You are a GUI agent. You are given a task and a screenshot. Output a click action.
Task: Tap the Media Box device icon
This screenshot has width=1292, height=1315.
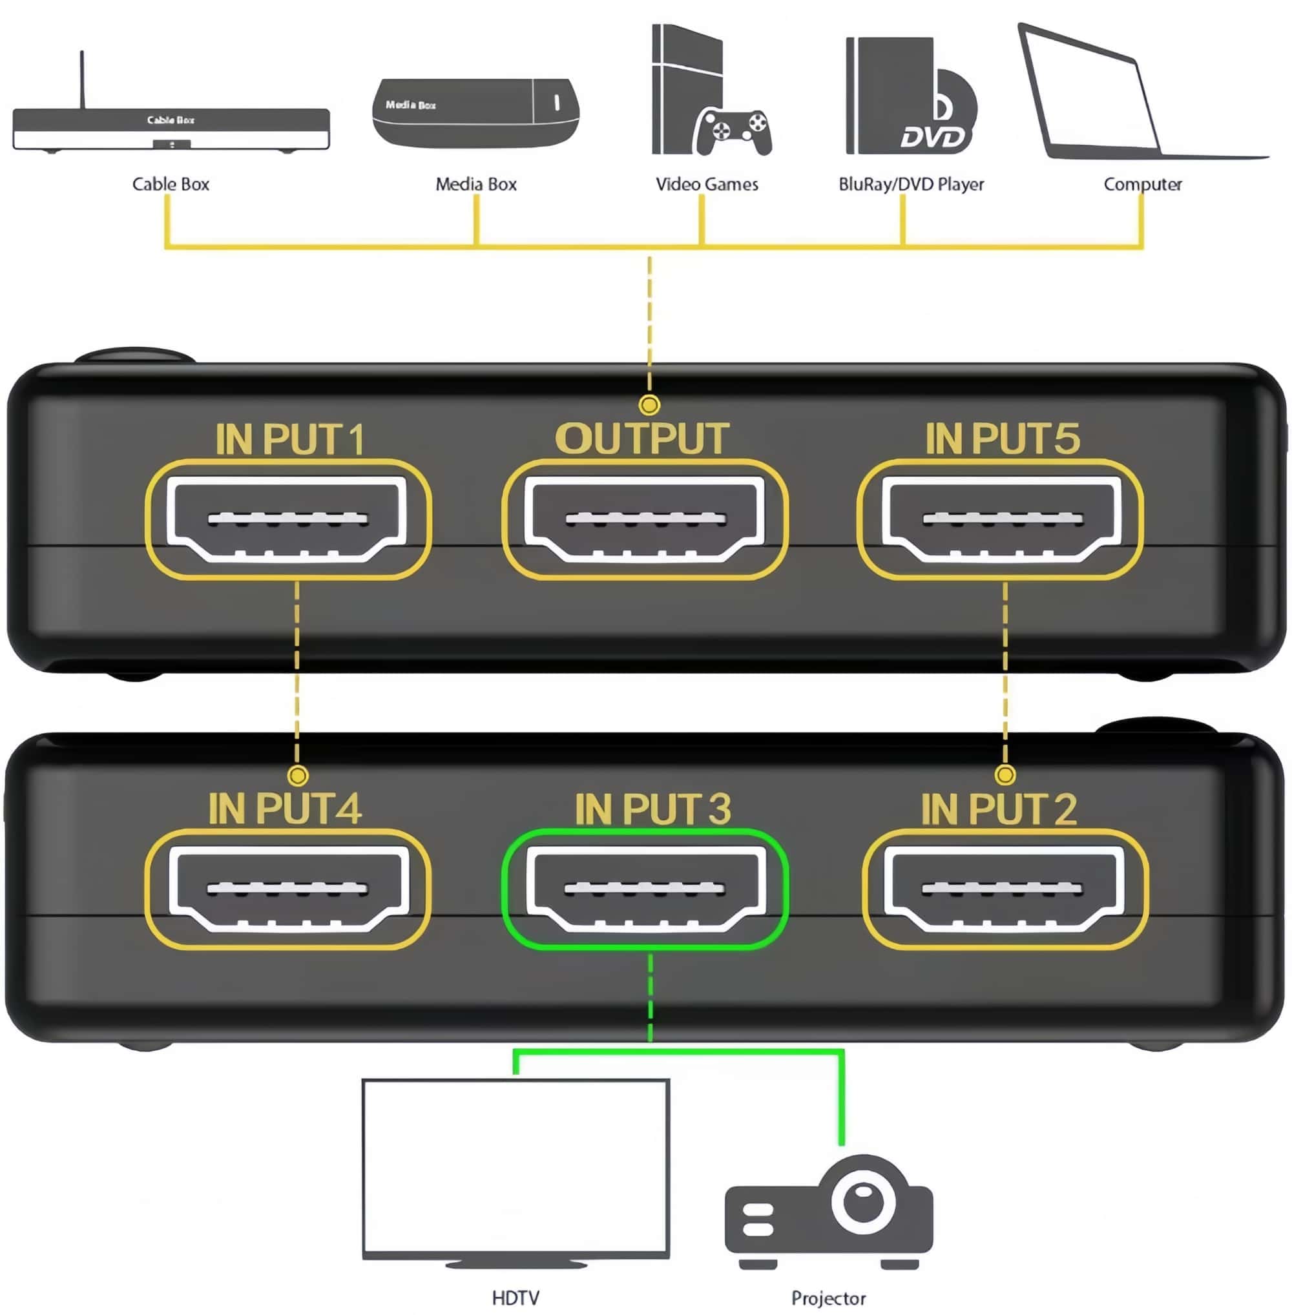475,111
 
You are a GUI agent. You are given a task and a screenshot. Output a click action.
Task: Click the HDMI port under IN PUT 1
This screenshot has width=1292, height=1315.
287,519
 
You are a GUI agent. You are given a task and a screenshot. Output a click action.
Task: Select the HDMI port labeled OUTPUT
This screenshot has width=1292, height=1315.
645,519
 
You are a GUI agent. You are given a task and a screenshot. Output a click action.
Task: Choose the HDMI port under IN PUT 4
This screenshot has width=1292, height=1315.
287,889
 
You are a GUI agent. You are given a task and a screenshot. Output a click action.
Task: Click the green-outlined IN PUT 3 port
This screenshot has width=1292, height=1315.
645,889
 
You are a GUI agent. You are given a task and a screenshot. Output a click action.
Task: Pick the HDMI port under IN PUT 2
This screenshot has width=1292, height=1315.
1005,889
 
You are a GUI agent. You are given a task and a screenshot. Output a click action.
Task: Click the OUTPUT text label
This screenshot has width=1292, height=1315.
642,439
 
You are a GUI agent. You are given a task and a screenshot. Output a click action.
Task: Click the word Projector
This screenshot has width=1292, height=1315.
829,1298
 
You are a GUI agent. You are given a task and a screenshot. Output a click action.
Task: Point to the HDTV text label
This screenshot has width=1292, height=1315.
516,1298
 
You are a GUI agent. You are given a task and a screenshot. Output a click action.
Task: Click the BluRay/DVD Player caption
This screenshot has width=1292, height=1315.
912,184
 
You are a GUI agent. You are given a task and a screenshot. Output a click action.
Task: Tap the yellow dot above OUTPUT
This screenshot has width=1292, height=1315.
649,405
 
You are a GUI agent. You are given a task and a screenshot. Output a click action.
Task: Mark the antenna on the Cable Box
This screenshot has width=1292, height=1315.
82,78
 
